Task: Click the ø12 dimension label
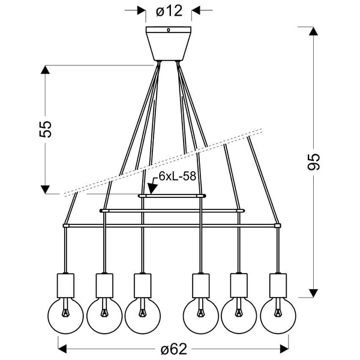click(168, 10)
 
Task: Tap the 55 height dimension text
click(46, 130)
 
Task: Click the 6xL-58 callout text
click(178, 178)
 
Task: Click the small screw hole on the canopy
click(168, 29)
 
